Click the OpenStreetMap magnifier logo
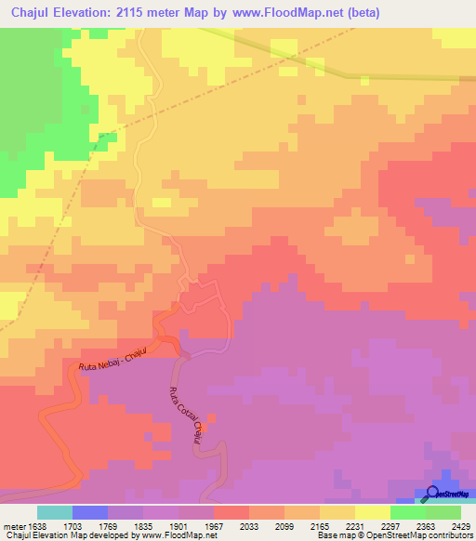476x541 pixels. coord(432,493)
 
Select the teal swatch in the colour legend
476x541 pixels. coord(55,512)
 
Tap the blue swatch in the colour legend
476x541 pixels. coord(90,512)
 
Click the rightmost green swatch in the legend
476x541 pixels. coord(443,512)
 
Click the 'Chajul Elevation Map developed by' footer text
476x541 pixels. coord(65,535)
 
